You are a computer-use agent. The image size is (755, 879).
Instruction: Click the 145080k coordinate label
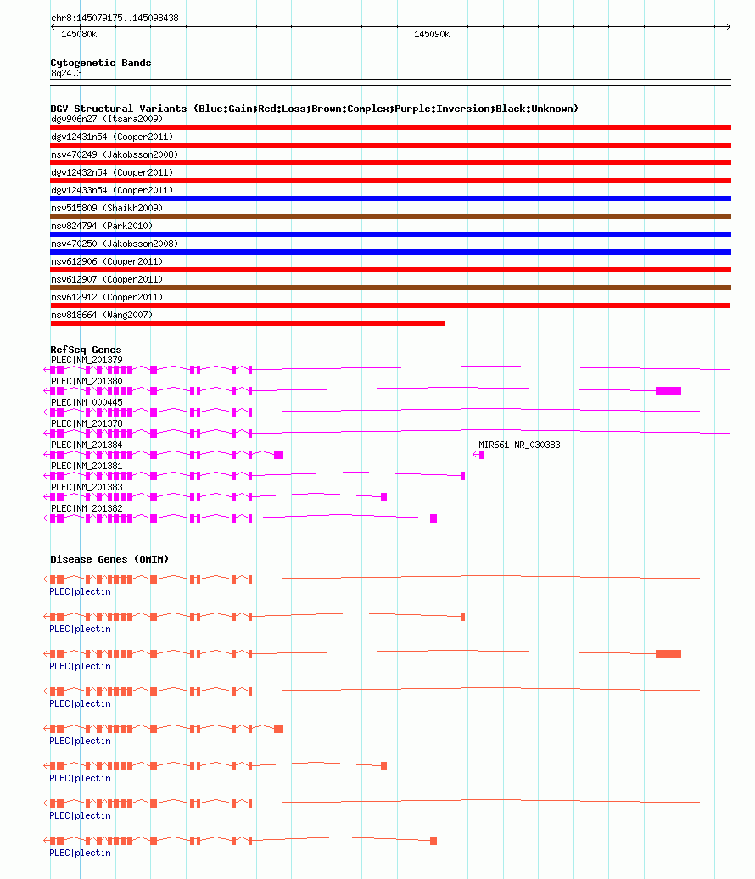(x=79, y=34)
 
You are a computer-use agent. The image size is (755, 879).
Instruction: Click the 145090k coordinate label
(x=432, y=34)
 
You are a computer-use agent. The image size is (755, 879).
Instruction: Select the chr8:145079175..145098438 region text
(x=115, y=18)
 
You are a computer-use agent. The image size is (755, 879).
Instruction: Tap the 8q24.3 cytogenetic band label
(x=66, y=74)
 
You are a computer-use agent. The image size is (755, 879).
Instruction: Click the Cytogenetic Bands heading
(x=101, y=63)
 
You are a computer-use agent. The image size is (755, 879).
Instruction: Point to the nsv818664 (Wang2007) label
(x=102, y=315)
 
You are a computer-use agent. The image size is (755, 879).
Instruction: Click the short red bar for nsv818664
(x=248, y=323)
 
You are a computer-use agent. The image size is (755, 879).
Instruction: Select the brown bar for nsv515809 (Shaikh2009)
(x=391, y=216)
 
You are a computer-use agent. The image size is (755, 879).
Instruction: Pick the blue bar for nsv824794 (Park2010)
(x=391, y=234)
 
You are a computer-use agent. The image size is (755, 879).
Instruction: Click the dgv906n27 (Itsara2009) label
(x=107, y=119)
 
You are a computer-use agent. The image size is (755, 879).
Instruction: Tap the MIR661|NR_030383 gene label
(x=519, y=445)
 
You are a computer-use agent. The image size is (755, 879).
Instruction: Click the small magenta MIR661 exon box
(x=482, y=455)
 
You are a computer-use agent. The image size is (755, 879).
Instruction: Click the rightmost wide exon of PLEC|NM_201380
(x=668, y=391)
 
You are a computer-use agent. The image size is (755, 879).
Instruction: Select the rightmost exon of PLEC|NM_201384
(x=278, y=455)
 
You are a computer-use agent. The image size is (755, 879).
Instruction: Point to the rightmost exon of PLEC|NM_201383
(x=384, y=497)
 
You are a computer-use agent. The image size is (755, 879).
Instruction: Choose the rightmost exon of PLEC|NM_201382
(x=433, y=518)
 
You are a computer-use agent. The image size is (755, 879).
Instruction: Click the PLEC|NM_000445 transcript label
(x=87, y=402)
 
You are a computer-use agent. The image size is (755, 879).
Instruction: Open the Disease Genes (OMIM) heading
(x=110, y=559)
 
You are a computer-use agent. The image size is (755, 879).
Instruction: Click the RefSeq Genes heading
(x=86, y=350)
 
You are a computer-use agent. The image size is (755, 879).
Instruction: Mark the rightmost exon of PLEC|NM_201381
(x=463, y=476)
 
